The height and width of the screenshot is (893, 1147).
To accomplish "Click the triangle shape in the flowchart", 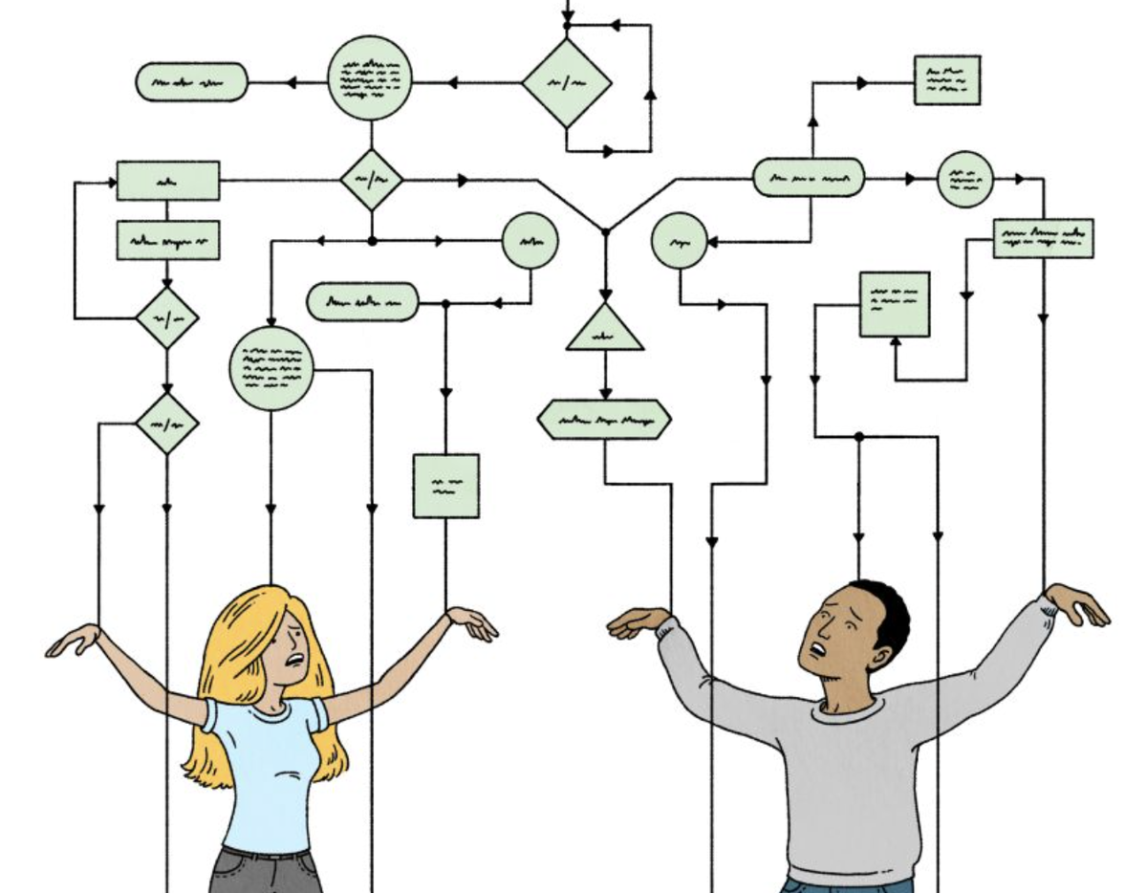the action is (604, 331).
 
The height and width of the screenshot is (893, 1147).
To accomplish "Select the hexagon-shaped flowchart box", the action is (604, 420).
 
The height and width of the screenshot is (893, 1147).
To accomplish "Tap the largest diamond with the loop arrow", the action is (567, 82).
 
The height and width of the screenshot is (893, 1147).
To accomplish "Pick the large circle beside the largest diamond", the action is (371, 77).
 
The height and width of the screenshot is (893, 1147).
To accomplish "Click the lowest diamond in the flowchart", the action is (167, 422).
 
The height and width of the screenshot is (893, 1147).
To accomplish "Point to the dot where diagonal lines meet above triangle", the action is (604, 230).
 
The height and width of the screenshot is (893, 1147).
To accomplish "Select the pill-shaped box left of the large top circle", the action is (191, 82).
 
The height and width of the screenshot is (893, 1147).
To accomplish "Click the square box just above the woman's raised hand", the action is (445, 486).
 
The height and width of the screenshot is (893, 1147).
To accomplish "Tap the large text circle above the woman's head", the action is (271, 368).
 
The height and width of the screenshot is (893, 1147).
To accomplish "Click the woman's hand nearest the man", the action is (472, 623).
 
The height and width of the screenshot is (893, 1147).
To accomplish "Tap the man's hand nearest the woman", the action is (637, 623).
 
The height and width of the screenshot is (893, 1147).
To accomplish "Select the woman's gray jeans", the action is (263, 870).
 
